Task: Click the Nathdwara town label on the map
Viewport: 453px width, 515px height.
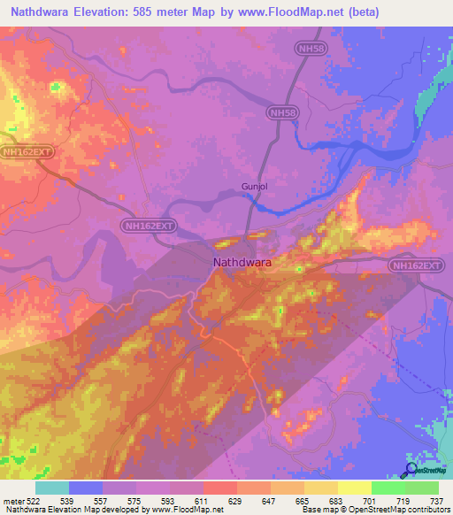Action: [x=242, y=263]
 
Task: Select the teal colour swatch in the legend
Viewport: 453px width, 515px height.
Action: [x=52, y=488]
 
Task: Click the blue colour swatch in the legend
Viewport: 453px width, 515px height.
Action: [x=86, y=488]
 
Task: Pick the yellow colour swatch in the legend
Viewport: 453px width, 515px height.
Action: [x=354, y=488]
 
